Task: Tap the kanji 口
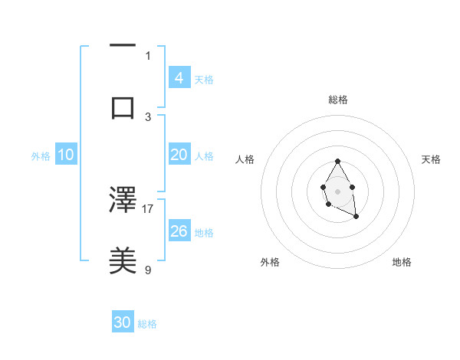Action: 123,108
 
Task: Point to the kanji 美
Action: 123,260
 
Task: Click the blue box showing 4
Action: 179,78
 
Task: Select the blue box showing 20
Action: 179,155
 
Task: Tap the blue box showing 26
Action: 179,231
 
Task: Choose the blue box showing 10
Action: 66,155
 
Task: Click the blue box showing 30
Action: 123,323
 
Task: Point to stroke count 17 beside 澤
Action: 148,208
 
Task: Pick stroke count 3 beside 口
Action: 148,116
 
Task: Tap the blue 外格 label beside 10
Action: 41,155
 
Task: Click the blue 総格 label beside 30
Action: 147,324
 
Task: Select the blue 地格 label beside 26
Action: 204,232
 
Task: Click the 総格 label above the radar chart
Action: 338,100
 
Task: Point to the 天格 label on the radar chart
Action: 432,159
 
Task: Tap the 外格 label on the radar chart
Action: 270,262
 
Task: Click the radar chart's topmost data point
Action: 337,161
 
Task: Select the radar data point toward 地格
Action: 356,217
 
